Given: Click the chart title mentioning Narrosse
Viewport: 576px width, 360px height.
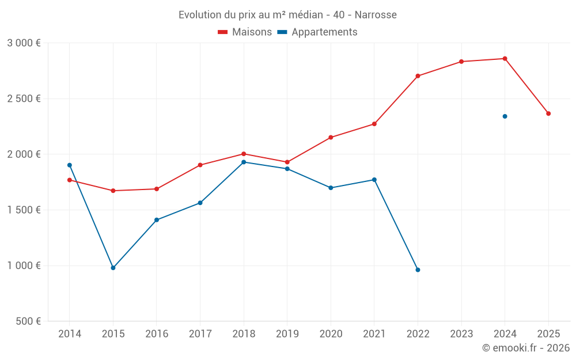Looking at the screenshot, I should (x=287, y=15).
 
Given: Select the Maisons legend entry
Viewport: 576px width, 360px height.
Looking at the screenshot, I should (x=245, y=32).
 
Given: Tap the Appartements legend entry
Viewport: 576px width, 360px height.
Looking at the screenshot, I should (x=317, y=32).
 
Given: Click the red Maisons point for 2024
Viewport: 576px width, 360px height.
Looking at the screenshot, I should (x=505, y=59).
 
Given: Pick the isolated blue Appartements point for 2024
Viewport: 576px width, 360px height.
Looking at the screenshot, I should (x=505, y=116).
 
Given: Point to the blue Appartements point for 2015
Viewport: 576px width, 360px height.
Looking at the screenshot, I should (x=113, y=268).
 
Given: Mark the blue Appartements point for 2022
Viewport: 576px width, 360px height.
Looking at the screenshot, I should (x=418, y=270).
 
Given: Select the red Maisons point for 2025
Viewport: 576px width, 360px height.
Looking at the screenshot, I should (x=548, y=113).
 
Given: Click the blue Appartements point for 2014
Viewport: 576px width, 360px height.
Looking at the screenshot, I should (x=70, y=165).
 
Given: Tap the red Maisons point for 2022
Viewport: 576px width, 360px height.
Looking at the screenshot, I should (x=418, y=76).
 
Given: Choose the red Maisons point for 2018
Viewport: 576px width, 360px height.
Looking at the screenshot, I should (x=244, y=154).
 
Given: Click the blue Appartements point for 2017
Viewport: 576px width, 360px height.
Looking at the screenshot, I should (x=200, y=203).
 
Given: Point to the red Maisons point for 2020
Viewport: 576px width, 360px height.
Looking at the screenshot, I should (x=331, y=138).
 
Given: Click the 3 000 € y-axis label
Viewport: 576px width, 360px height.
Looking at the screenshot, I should (x=24, y=43).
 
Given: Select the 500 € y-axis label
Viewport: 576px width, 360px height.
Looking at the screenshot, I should (x=28, y=321).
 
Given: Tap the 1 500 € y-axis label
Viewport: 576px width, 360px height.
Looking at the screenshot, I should (x=24, y=210).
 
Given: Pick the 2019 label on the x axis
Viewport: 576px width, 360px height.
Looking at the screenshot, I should (x=287, y=334).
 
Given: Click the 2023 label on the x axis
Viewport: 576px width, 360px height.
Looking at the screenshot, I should (x=461, y=334).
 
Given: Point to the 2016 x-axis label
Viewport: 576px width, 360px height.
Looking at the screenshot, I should (x=157, y=334).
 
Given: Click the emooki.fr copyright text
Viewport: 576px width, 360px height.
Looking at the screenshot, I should (x=526, y=348).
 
